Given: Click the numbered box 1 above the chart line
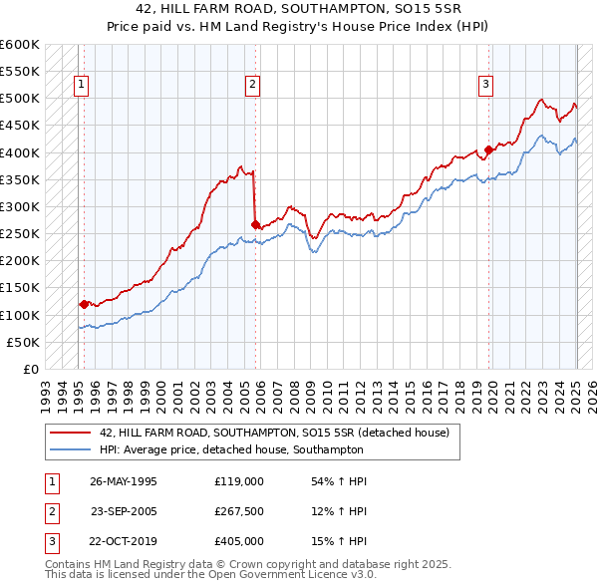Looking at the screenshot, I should click(x=80, y=85).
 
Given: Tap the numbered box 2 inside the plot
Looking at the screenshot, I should click(x=253, y=85).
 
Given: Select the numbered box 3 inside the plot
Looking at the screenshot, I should click(x=485, y=85).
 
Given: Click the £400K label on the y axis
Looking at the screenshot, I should click(x=20, y=152).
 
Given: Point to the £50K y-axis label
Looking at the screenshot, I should click(x=23, y=342).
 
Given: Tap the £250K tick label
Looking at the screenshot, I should click(x=20, y=233).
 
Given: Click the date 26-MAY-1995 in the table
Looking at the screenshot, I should click(x=124, y=481).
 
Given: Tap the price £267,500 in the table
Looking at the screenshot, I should click(x=239, y=511).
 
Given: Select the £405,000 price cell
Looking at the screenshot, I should click(x=239, y=541).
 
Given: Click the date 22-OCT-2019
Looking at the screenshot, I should click(x=124, y=541).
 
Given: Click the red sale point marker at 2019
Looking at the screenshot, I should click(x=488, y=150).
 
